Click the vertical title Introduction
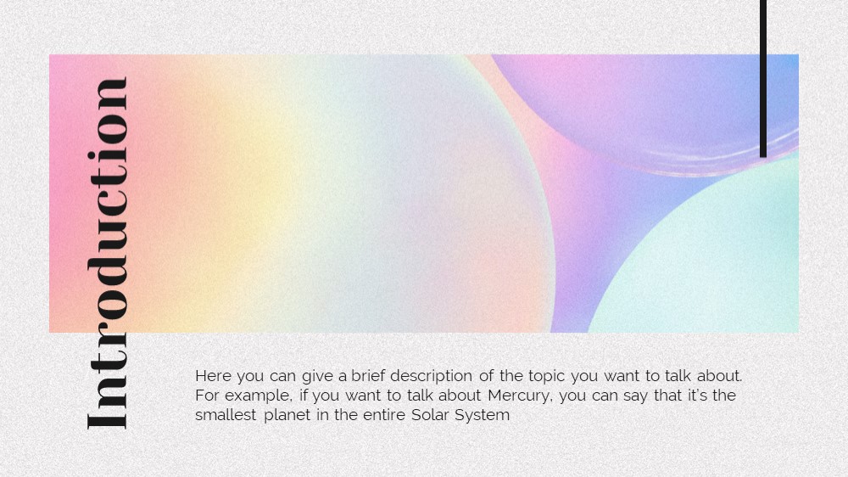107,254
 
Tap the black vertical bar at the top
763,78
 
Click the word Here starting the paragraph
213,376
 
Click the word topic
546,376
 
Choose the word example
259,396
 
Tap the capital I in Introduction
107,422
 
